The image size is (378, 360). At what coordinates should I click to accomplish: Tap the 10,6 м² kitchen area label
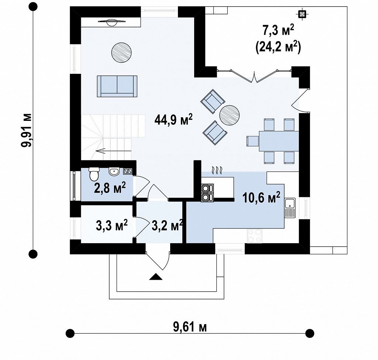[x=262, y=197]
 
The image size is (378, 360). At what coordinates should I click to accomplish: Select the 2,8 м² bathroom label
[x=110, y=188]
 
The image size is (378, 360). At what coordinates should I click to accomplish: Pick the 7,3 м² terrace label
[x=278, y=31]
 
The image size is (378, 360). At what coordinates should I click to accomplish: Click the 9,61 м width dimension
[x=190, y=327]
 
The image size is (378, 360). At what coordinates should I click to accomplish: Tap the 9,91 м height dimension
[x=26, y=130]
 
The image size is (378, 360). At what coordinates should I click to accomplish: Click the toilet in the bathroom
[x=93, y=174]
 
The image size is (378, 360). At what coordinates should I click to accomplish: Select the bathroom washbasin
[x=114, y=171]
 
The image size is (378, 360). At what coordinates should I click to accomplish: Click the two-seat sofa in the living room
[x=117, y=86]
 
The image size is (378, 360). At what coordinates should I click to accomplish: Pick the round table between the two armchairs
[x=230, y=115]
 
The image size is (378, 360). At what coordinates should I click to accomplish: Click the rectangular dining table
[x=279, y=141]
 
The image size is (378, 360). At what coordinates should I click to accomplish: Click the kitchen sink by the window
[x=290, y=208]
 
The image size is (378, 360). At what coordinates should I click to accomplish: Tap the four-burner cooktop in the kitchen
[x=255, y=236]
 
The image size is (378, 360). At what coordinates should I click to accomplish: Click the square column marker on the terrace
[x=302, y=14]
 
